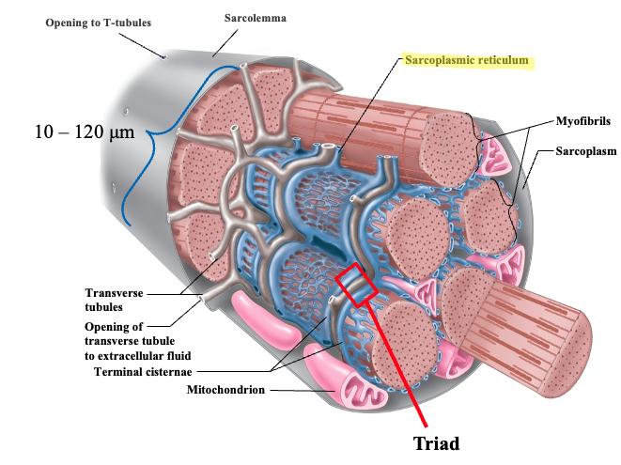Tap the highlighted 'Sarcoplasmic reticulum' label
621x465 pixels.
point(467,61)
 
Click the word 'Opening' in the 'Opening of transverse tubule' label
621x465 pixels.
point(123,325)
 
